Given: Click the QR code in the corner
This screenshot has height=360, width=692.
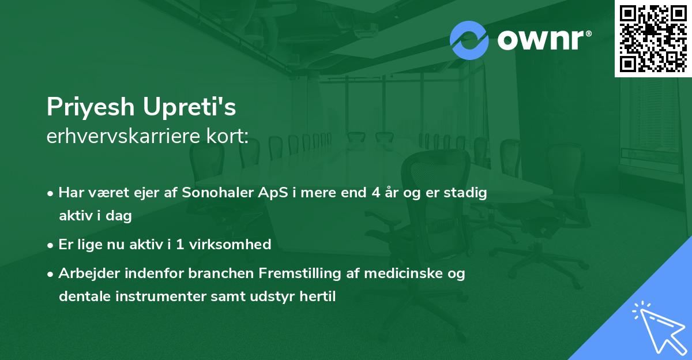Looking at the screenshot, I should [653, 39].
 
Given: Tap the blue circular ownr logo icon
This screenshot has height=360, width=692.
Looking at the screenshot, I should [469, 40].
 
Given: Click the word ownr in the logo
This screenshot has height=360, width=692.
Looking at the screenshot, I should [544, 40].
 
